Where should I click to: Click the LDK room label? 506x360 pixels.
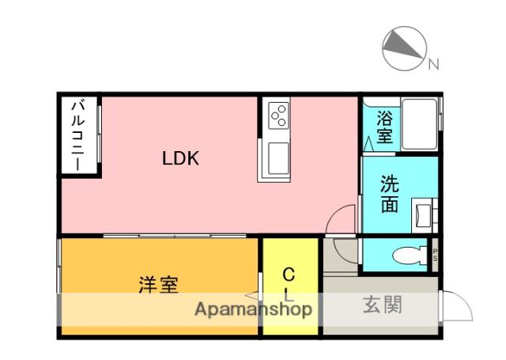pyautogui.click(x=180, y=157)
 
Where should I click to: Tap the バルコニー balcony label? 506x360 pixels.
pyautogui.click(x=80, y=135)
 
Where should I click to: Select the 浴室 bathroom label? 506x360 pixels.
pyautogui.click(x=383, y=127)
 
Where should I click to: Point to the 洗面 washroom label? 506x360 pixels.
pyautogui.click(x=390, y=194)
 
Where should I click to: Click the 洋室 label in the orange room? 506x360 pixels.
pyautogui.click(x=157, y=285)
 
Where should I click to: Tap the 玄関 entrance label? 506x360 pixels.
pyautogui.click(x=383, y=305)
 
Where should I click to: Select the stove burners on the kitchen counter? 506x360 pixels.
pyautogui.click(x=279, y=117)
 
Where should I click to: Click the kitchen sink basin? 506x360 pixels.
pyautogui.click(x=279, y=160)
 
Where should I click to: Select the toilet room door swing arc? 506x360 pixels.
pyautogui.click(x=346, y=252)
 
